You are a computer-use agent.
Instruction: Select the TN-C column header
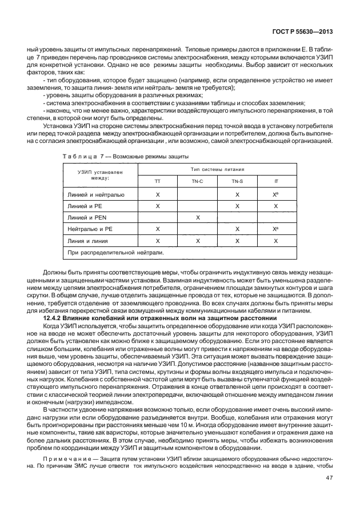(x=198, y=181)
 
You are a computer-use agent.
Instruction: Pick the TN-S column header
(x=237, y=181)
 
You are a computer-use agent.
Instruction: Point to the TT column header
(x=158, y=181)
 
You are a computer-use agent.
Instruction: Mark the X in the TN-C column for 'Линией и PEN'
(x=198, y=218)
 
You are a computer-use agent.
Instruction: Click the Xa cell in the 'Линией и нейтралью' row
(x=277, y=194)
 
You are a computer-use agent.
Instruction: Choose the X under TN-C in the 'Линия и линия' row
(x=198, y=241)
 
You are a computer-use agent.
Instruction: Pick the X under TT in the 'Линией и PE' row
(x=158, y=206)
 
